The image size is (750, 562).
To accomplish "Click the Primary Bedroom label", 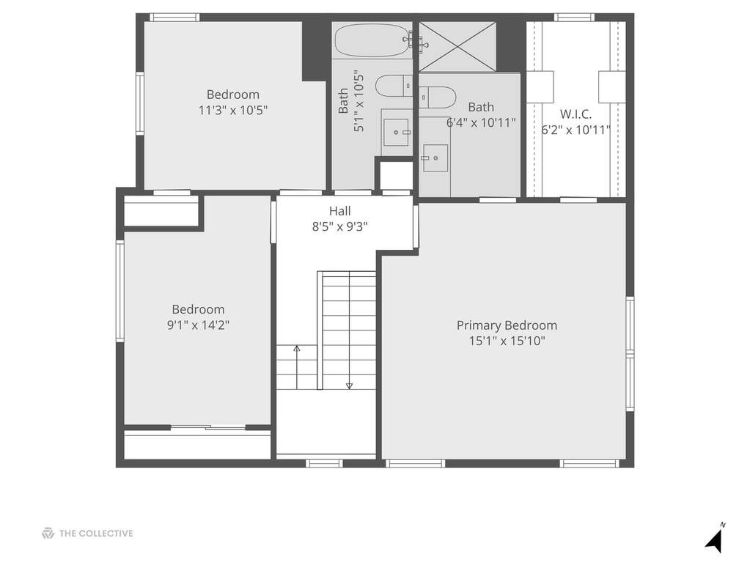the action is [x=507, y=325].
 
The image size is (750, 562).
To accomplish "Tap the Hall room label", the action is [x=339, y=211].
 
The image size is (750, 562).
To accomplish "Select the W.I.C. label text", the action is [x=576, y=114].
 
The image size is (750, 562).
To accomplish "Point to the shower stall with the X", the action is [x=457, y=46].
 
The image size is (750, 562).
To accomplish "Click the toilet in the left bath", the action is [x=394, y=86].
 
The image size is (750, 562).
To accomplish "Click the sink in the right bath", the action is [x=435, y=158].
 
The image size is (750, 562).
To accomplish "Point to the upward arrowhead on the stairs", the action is [x=297, y=349].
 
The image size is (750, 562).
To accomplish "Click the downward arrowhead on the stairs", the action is [x=349, y=385].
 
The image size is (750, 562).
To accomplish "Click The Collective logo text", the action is [x=95, y=533].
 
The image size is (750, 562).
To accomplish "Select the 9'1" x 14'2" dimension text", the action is [x=198, y=325].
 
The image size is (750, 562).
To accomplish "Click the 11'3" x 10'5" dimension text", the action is [x=233, y=111].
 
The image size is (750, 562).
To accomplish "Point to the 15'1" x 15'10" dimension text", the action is [x=507, y=341].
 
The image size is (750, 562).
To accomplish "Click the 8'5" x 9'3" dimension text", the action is [x=339, y=226].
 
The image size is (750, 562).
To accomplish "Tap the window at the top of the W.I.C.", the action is [x=575, y=18].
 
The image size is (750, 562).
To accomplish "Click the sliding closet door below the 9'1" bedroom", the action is [x=208, y=428].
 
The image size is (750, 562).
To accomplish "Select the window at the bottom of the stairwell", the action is [x=324, y=463].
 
